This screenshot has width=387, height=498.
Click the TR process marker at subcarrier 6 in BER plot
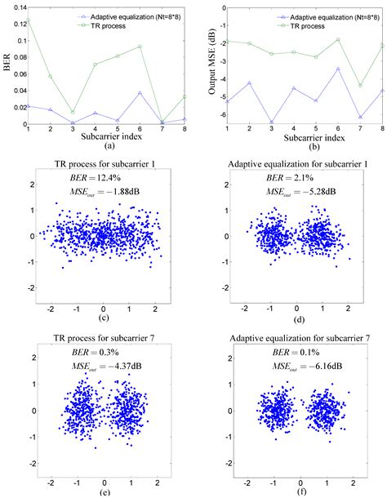tap(140, 47)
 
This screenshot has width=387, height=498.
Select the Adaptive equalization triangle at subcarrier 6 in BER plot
tap(140, 92)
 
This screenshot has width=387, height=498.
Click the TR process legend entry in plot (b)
tap(306, 24)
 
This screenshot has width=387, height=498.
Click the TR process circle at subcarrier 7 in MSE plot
tap(359, 85)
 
